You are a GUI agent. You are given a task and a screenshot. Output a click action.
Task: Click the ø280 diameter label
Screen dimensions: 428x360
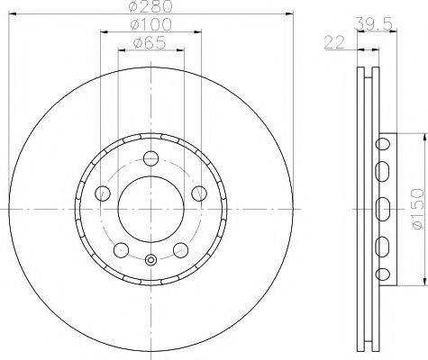tap(150, 6)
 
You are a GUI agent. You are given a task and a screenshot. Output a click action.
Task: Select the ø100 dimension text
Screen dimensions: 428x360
tap(150, 24)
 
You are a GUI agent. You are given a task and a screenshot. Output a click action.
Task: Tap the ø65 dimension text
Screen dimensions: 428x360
tap(150, 43)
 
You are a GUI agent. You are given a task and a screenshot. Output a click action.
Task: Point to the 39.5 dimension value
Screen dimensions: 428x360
tap(373, 23)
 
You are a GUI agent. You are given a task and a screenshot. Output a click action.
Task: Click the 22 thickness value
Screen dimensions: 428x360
tap(334, 42)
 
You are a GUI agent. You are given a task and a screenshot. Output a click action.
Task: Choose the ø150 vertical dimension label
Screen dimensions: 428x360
tap(418, 209)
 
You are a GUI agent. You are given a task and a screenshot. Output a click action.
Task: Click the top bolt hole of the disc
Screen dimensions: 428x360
tap(150, 158)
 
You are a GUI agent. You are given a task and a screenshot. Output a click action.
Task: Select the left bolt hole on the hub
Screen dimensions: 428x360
tap(103, 193)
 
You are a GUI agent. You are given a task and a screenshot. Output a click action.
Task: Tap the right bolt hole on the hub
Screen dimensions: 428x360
tap(199, 193)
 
